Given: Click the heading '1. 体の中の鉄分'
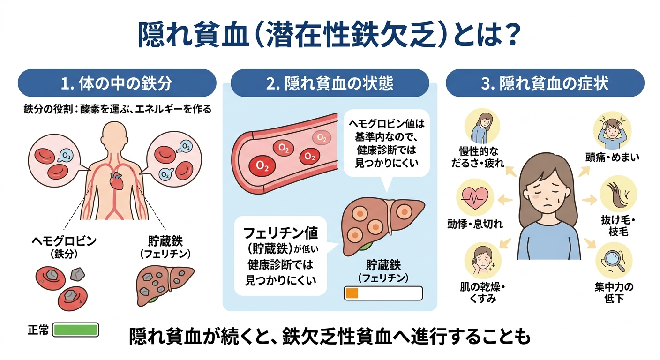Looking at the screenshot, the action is point(117,83).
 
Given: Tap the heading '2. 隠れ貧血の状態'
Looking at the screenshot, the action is point(330,83).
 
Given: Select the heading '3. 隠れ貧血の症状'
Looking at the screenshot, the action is point(545,83).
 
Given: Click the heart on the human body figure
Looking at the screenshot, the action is point(116,182).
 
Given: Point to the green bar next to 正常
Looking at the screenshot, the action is point(75,330).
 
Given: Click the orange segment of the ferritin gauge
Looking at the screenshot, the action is point(352,293).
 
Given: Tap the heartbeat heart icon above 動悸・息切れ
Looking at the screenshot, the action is point(474,198).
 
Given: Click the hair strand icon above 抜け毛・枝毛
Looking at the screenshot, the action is point(617,194).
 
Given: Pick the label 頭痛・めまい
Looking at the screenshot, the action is point(613,157).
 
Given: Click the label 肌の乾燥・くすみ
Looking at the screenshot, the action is point(483,293).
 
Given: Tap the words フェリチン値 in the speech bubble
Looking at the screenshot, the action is point(280,233).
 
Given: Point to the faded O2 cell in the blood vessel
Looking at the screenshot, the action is point(322,138).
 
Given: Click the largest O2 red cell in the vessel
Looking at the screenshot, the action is point(262,166).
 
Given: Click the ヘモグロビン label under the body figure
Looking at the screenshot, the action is point(64,241).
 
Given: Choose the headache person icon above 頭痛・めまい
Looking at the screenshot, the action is point(612,131).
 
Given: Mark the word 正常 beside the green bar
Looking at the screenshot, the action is point(38,330).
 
